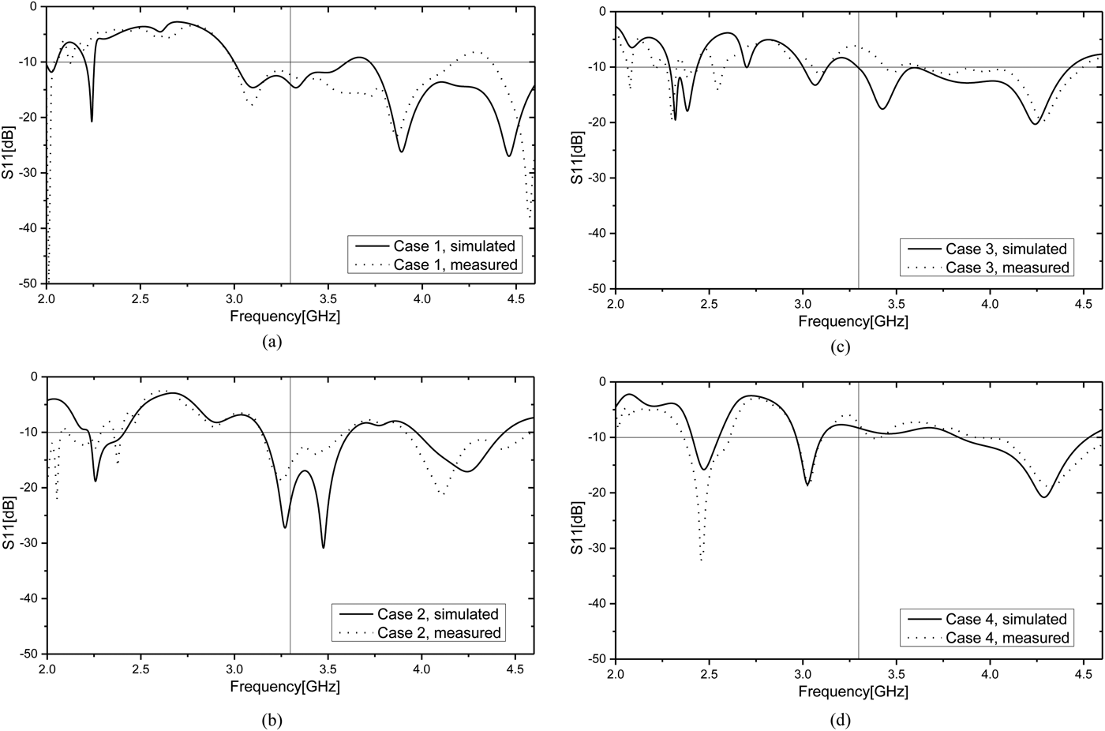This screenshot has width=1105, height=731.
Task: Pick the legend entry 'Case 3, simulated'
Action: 1006,249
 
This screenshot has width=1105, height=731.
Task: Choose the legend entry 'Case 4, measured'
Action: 1007,638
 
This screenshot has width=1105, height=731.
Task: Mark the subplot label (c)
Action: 840,347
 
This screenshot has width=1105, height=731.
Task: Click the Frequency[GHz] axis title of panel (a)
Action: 285,317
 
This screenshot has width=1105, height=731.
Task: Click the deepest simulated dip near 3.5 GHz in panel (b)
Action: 324,547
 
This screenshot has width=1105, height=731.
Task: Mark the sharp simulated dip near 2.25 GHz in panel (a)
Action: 92,121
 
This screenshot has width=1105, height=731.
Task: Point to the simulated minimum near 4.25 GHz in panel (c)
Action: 1034,123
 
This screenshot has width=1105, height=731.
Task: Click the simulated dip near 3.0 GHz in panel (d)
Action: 807,485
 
